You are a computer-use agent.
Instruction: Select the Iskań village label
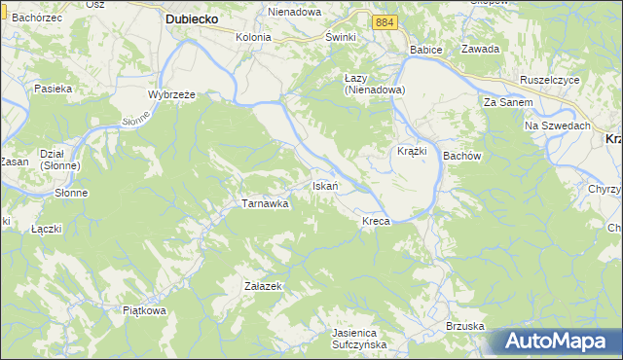click(324, 186)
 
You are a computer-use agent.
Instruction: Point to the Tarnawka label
click(265, 204)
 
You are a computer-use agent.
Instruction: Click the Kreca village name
click(376, 222)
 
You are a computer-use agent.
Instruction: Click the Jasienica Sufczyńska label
click(359, 338)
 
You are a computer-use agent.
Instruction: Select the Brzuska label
click(464, 326)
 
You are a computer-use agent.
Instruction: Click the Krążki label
click(414, 152)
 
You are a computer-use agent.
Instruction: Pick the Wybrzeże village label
click(172, 94)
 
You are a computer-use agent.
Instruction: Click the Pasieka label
click(54, 89)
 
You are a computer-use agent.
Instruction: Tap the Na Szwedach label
click(559, 126)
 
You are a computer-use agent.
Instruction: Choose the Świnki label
click(342, 37)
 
